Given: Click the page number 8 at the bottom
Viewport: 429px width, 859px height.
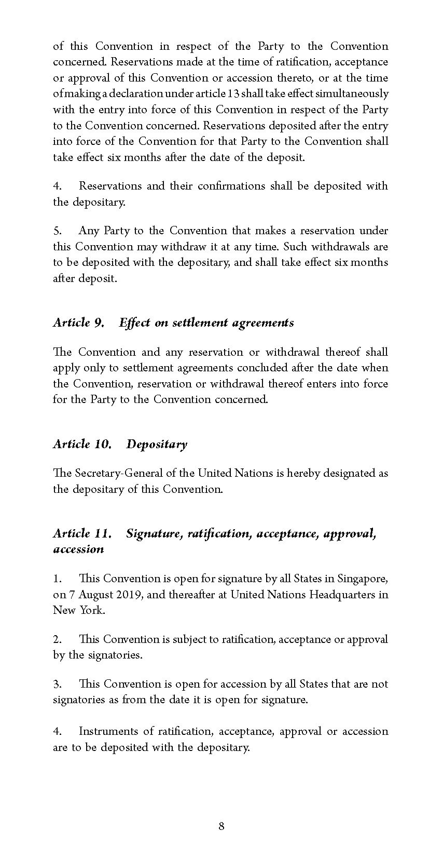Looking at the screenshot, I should click(222, 826).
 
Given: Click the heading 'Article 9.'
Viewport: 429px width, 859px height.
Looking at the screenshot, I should click(79, 323).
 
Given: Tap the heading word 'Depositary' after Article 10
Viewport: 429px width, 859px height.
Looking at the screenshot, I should click(157, 444).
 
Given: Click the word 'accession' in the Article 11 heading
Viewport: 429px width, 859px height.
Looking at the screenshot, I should click(78, 549).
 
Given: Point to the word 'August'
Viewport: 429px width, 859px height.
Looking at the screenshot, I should click(93, 595).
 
